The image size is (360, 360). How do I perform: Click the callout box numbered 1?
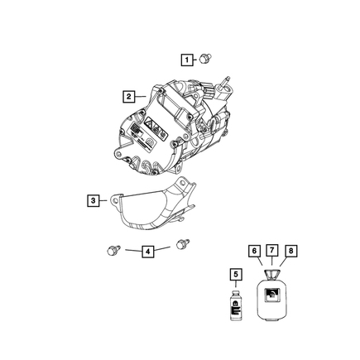pyautogui.click(x=187, y=60)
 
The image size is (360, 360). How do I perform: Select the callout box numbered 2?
pyautogui.click(x=128, y=97)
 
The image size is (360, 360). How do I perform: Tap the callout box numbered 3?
pyautogui.click(x=93, y=200)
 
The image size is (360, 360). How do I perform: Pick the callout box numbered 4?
pyautogui.click(x=148, y=252)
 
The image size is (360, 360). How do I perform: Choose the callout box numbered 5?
pyautogui.click(x=236, y=275)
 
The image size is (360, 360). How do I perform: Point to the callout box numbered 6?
pyautogui.click(x=254, y=251)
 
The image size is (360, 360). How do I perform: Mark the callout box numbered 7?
pyautogui.click(x=271, y=251)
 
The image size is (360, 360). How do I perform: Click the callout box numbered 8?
pyautogui.click(x=291, y=251)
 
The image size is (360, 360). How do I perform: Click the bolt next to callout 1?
pyautogui.click(x=205, y=59)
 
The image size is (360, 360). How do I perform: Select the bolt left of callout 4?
pyautogui.click(x=113, y=250)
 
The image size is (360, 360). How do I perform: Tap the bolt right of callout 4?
pyautogui.click(x=183, y=243)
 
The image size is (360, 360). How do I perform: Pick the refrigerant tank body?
pyautogui.click(x=271, y=300)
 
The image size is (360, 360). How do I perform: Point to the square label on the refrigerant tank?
pyautogui.click(x=271, y=295)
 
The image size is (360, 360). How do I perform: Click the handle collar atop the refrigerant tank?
pyautogui.click(x=271, y=275)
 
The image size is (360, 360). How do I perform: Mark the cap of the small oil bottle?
pyautogui.click(x=235, y=292)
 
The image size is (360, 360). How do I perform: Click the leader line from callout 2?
pyautogui.click(x=140, y=96)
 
